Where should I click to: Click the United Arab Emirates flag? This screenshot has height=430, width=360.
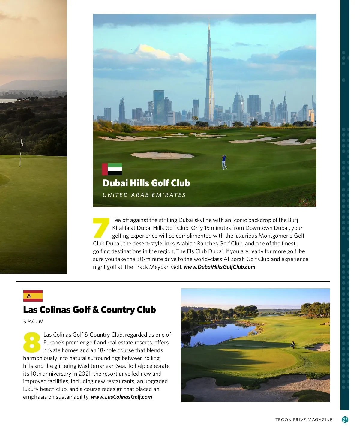(112, 169)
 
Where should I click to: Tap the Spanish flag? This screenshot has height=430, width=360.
(33, 296)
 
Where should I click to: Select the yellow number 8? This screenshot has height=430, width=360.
(32, 342)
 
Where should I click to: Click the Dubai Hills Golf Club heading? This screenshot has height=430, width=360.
(146, 183)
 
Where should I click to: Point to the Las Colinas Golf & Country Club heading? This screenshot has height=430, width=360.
(89, 310)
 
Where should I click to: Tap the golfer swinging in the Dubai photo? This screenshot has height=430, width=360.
(224, 162)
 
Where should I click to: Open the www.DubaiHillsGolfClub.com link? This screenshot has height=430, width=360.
(219, 267)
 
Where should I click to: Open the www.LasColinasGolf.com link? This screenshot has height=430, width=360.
(121, 397)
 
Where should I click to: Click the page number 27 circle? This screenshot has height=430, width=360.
(345, 420)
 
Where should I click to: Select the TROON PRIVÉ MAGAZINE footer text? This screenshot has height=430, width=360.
(304, 420)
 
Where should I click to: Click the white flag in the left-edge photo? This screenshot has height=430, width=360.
(22, 143)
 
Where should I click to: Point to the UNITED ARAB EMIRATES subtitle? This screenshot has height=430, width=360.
(144, 195)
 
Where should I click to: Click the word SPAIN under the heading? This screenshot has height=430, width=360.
(33, 322)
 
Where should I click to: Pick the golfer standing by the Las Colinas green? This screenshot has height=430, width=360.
(293, 345)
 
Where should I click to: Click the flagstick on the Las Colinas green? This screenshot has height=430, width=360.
(262, 347)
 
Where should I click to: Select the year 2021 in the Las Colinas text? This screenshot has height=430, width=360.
(85, 374)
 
